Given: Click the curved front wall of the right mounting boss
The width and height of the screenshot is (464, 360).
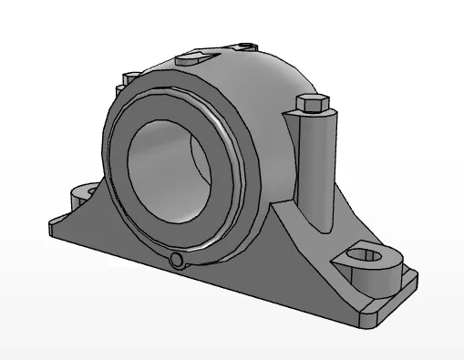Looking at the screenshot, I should coord(369,277).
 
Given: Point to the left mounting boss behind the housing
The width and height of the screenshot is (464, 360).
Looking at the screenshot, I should coord(83,194).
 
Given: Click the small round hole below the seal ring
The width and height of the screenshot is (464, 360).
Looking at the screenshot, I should coord(178,262).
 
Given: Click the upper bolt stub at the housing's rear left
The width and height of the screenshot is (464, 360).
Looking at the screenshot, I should coord(129,77).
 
